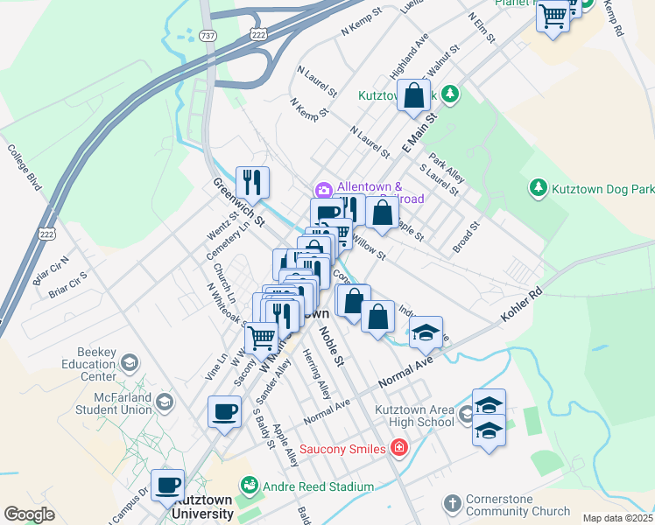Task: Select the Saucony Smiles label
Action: coord(342,450)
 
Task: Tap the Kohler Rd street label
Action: coord(523,304)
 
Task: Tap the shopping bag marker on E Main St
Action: coord(414,97)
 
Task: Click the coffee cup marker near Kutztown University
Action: coord(167,484)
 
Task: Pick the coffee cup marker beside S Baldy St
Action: coord(224,410)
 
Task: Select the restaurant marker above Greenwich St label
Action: coord(252,182)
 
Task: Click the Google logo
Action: coord(29,514)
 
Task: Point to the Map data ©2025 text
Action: coord(617,518)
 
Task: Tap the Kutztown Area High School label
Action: coord(415,415)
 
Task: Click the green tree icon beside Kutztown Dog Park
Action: coord(538,188)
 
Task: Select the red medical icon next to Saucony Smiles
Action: coord(399,449)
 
